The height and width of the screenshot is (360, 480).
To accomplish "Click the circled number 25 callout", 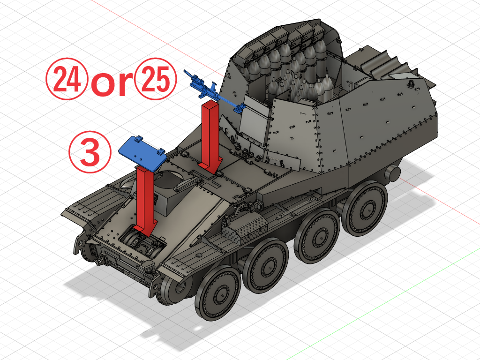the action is (156, 79).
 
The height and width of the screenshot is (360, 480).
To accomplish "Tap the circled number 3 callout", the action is (90, 152).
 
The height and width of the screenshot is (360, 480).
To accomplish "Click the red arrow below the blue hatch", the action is (145, 201).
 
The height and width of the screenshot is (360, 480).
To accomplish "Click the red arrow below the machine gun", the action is (210, 136).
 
